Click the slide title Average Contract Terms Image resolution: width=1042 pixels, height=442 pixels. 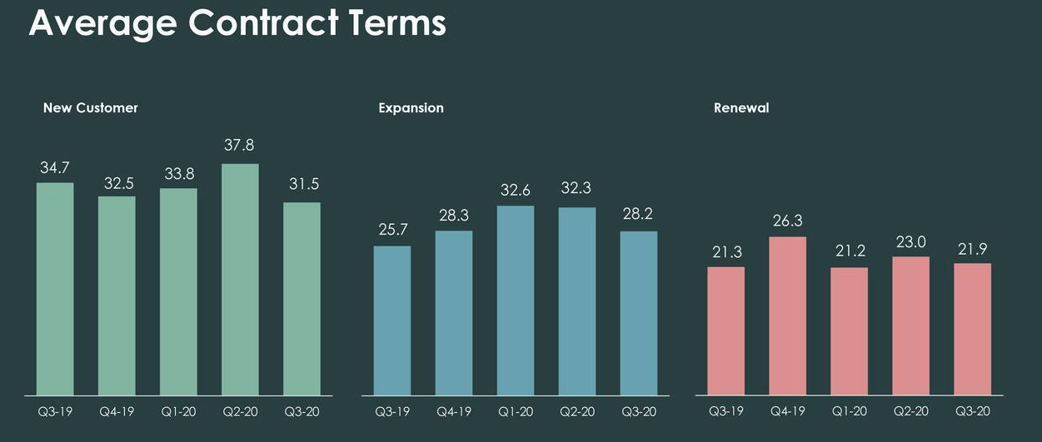[237, 23]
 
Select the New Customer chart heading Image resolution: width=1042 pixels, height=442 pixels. [90, 108]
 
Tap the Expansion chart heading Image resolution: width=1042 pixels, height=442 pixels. [411, 108]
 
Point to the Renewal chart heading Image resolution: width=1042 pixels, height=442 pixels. [741, 108]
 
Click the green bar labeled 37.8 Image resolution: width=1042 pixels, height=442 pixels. [240, 279]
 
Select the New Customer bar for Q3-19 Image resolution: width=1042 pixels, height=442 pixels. [55, 289]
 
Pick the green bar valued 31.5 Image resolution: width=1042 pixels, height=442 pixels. [302, 298]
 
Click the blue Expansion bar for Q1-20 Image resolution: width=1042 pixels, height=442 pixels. [516, 300]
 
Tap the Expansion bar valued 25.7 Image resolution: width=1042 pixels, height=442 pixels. [392, 320]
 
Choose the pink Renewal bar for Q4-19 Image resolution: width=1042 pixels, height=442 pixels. [787, 315]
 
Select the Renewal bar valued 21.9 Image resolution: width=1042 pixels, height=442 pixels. [972, 329]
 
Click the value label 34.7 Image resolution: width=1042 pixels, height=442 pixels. [55, 168]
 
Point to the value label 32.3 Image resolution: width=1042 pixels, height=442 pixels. [576, 189]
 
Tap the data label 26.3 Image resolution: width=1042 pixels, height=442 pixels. [787, 222]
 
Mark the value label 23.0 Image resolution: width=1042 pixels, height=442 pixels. [910, 242]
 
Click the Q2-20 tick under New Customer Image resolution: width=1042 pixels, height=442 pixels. [240, 411]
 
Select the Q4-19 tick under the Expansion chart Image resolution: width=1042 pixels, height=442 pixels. [454, 411]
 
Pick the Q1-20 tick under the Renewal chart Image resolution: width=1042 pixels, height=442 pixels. [849, 411]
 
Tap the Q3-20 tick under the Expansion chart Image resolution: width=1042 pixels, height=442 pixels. [639, 411]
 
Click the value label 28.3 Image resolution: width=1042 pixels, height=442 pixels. [454, 216]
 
